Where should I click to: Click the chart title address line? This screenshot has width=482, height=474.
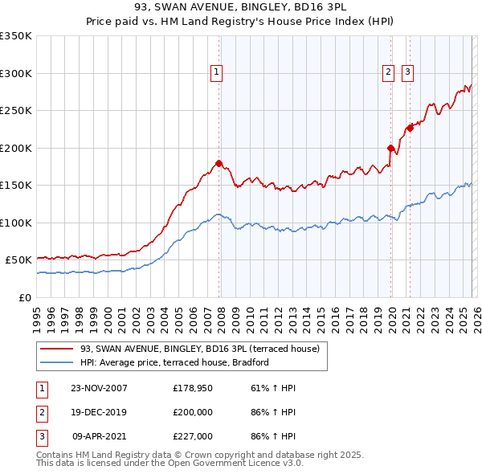tap(240, 7)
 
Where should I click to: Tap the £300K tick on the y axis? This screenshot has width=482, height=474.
tap(16, 73)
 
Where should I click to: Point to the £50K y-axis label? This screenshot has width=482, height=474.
tap(18, 260)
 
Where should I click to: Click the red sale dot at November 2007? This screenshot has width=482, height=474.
tap(219, 164)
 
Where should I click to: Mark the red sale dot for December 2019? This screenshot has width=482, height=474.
tap(390, 148)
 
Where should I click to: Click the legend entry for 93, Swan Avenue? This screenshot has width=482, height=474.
tap(200, 349)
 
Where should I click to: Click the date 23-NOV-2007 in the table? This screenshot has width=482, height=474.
tap(99, 388)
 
